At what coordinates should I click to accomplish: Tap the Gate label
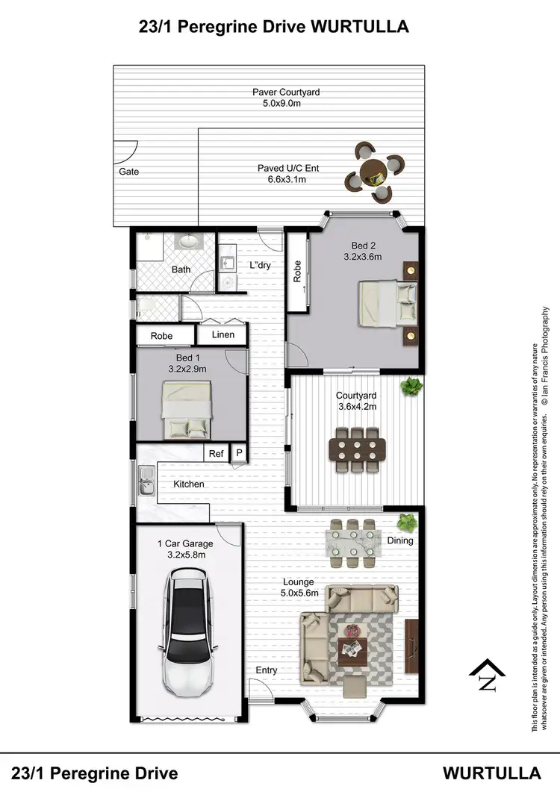click(x=128, y=172)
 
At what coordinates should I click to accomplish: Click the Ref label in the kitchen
click(x=216, y=453)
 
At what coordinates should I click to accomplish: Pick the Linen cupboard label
click(x=223, y=335)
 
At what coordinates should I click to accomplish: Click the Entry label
click(x=267, y=670)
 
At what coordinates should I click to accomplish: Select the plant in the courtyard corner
click(x=410, y=387)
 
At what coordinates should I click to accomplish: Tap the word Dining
click(x=399, y=540)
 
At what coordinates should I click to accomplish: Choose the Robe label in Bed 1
click(x=161, y=336)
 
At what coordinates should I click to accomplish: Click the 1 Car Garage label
click(x=184, y=543)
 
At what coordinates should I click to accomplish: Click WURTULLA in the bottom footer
click(x=492, y=772)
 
